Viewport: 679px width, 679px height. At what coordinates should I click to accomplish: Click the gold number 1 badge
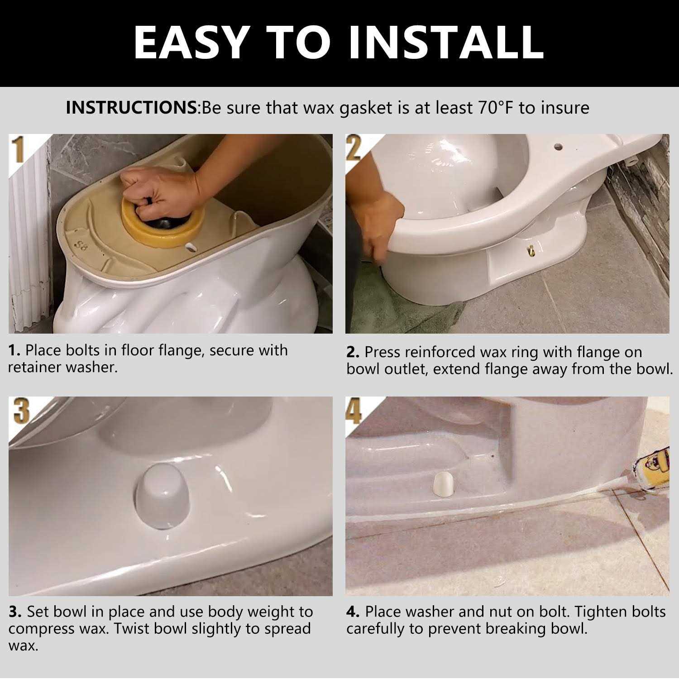[18, 150]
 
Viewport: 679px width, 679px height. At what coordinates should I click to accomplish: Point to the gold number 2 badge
[354, 148]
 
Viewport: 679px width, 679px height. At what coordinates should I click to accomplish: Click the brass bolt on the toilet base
[531, 249]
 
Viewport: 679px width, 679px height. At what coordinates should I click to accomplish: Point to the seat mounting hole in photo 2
[558, 147]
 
